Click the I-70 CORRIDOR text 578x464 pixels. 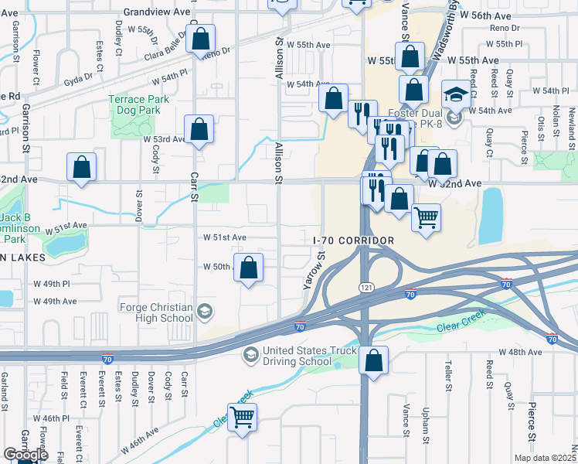(354, 241)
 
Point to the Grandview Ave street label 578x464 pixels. (157, 12)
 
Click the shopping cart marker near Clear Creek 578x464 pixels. (243, 418)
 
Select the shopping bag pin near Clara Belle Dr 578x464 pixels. (200, 38)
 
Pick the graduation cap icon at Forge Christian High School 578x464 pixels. (205, 312)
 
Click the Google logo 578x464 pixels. (25, 455)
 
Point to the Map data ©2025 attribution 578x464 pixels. (546, 458)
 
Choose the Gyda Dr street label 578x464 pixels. (78, 77)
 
